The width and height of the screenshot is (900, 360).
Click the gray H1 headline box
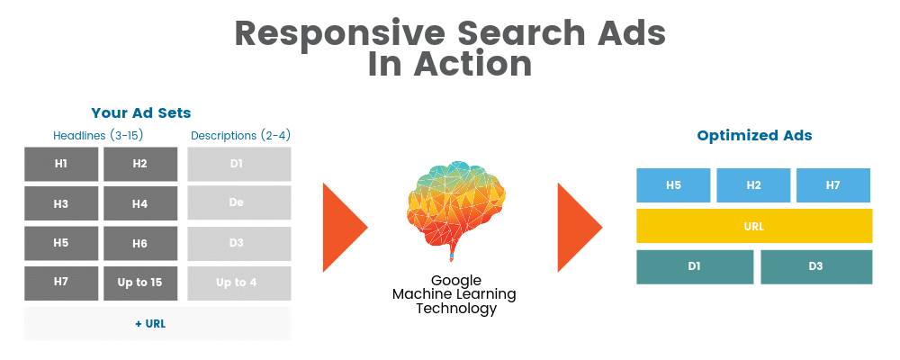click(61, 164)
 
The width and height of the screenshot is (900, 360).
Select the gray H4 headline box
click(140, 203)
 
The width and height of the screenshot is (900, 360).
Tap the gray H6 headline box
click(140, 243)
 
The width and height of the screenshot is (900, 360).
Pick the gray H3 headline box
click(61, 203)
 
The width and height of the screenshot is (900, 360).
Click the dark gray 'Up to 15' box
click(140, 283)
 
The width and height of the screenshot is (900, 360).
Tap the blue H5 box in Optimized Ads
click(673, 185)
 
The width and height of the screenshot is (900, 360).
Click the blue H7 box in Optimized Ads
click(833, 185)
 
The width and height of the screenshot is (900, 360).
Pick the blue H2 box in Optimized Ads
click(753, 185)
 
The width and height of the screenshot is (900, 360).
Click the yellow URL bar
click(754, 226)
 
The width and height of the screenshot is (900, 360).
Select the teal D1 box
click(695, 267)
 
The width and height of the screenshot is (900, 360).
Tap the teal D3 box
click(816, 267)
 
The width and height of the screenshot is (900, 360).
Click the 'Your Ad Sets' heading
click(141, 113)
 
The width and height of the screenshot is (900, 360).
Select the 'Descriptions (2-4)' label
click(240, 136)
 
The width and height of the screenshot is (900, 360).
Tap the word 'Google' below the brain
click(456, 281)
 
